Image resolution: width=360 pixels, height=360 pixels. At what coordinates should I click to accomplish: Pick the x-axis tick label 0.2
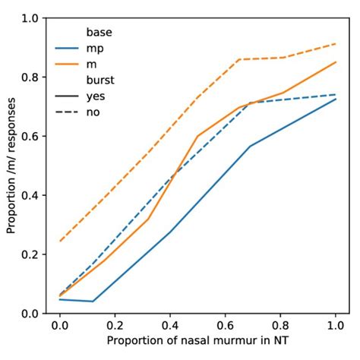click(x=114, y=326)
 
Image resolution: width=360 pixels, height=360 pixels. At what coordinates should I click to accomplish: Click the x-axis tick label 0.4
click(x=169, y=326)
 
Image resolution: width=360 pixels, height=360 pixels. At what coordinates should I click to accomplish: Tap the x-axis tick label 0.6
click(x=225, y=326)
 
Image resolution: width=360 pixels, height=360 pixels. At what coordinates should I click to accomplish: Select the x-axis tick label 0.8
click(x=280, y=326)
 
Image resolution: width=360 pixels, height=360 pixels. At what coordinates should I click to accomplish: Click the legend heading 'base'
click(x=99, y=33)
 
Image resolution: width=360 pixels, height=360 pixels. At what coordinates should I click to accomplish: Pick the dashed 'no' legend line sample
click(x=68, y=113)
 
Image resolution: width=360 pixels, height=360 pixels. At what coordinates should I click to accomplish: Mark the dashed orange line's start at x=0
click(x=59, y=242)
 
